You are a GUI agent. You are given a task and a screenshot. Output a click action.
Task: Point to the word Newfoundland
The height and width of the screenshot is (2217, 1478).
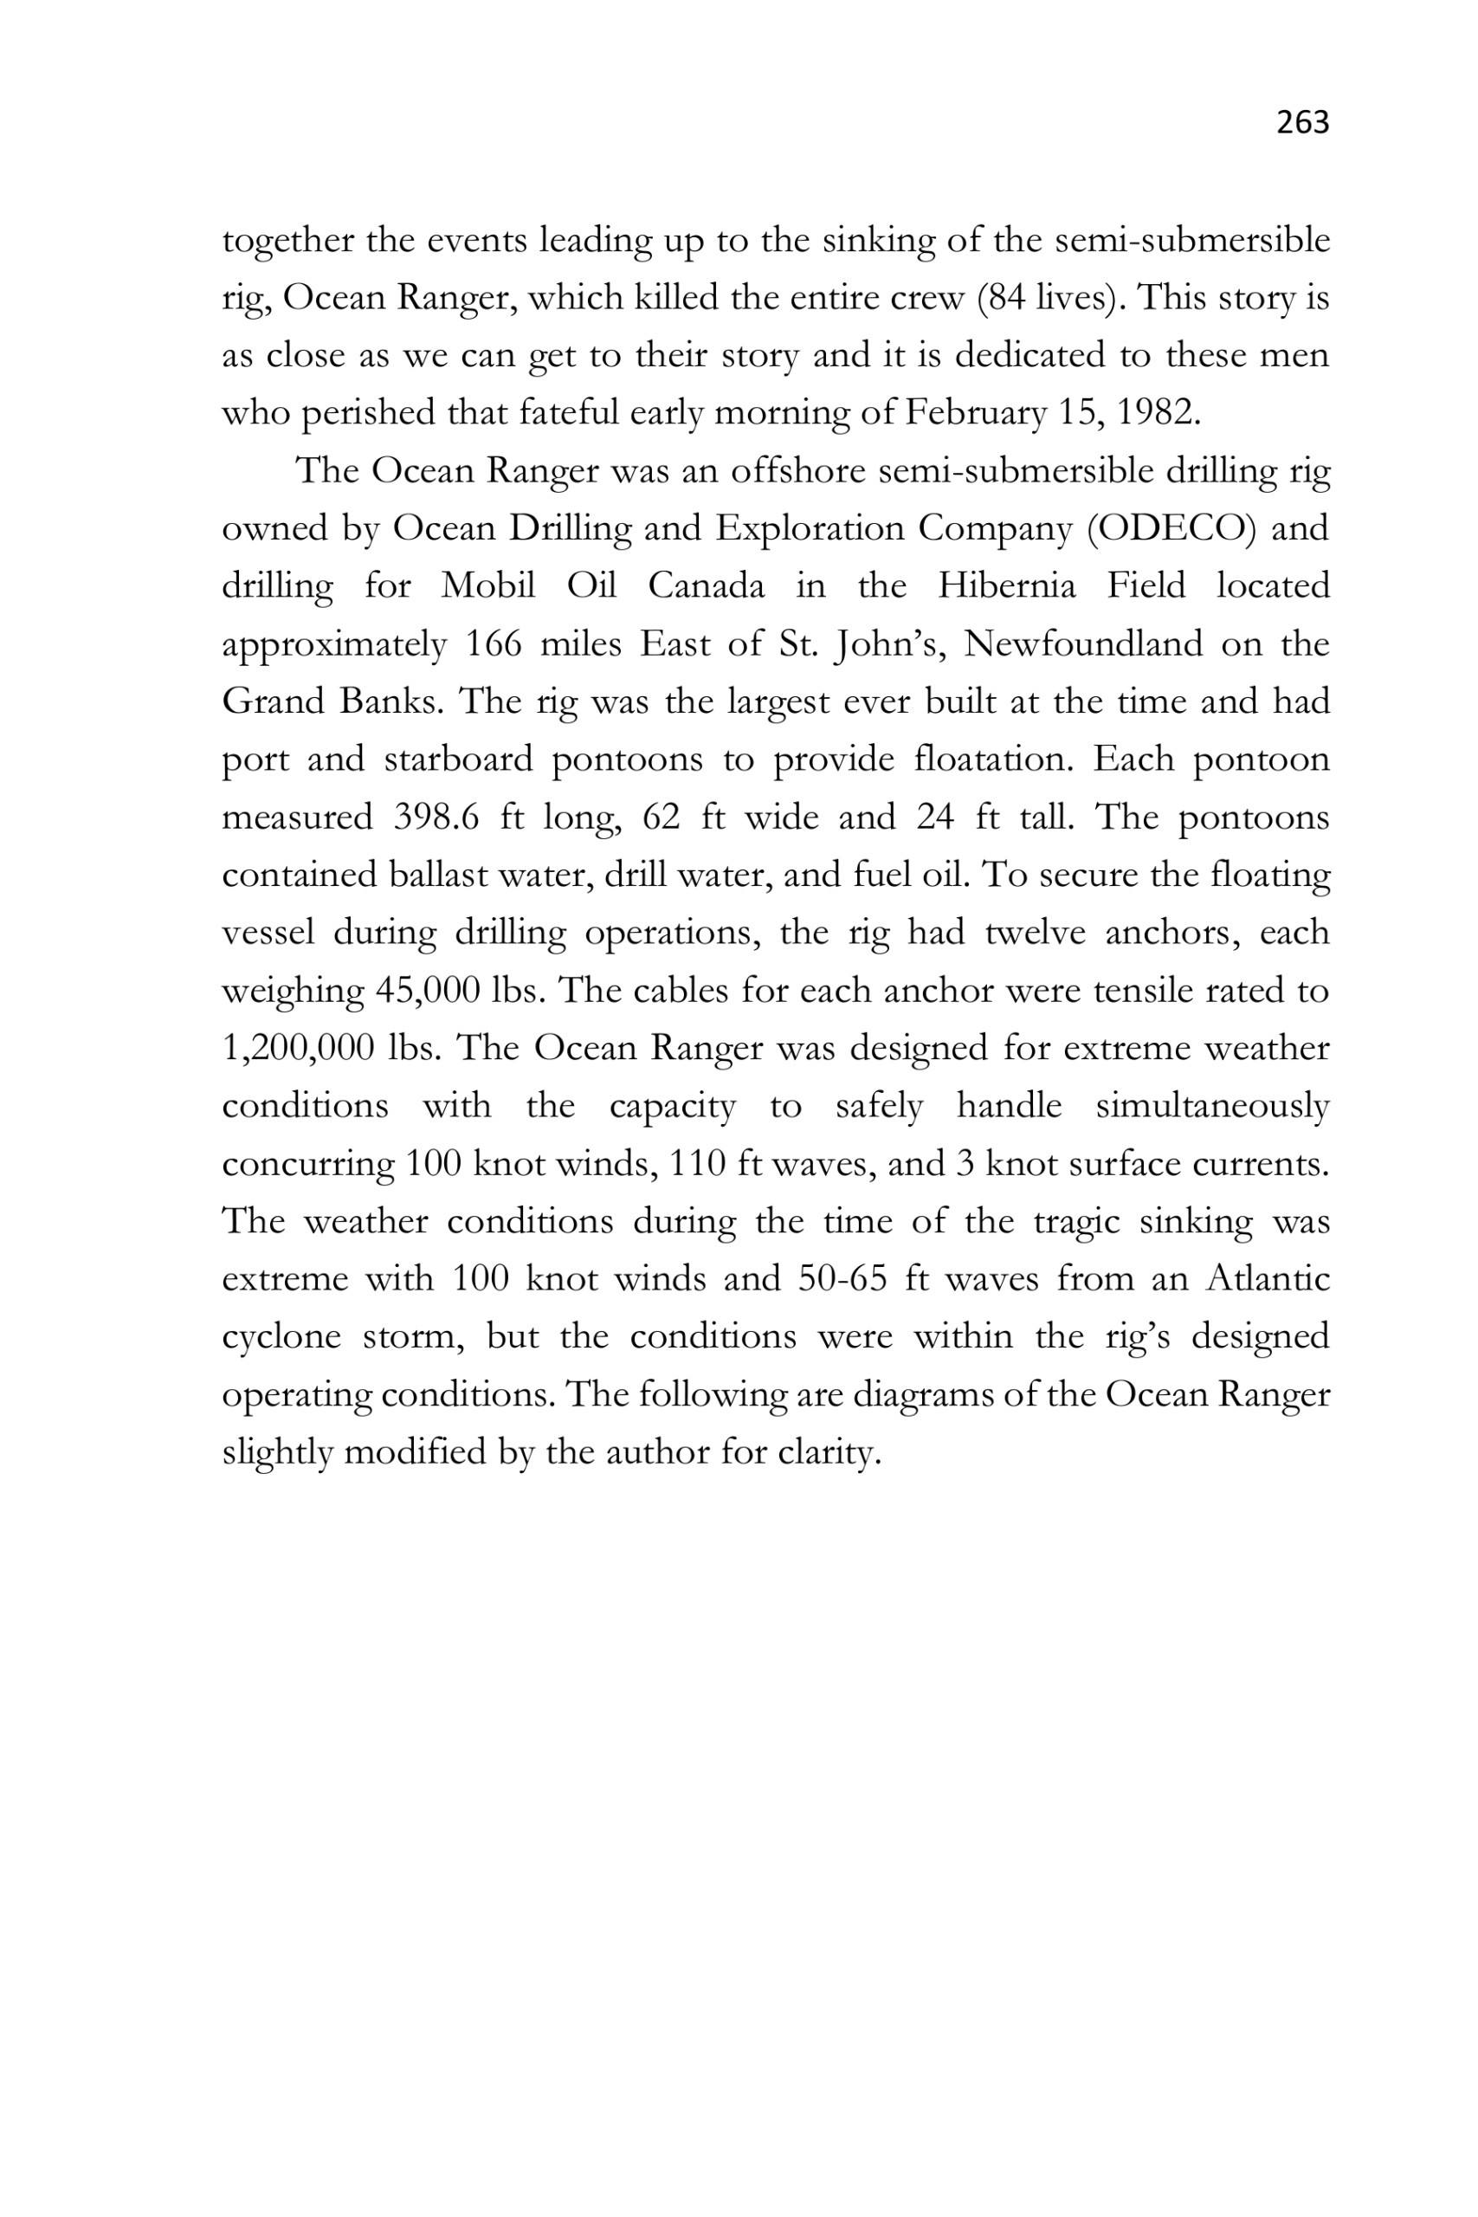point(1083,643)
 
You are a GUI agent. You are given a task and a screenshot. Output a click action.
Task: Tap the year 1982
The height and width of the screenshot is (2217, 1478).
point(1158,413)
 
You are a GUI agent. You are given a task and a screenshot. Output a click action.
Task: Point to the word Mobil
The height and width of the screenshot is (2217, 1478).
point(487,586)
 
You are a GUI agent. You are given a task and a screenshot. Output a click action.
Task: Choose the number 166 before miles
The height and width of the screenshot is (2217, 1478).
point(493,643)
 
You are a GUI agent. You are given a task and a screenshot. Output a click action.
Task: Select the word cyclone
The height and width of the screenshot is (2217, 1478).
point(281,1336)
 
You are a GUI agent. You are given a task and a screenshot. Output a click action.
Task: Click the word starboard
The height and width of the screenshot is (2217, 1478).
point(458,759)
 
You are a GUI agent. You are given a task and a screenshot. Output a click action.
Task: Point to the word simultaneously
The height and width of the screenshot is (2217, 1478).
point(1212,1106)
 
